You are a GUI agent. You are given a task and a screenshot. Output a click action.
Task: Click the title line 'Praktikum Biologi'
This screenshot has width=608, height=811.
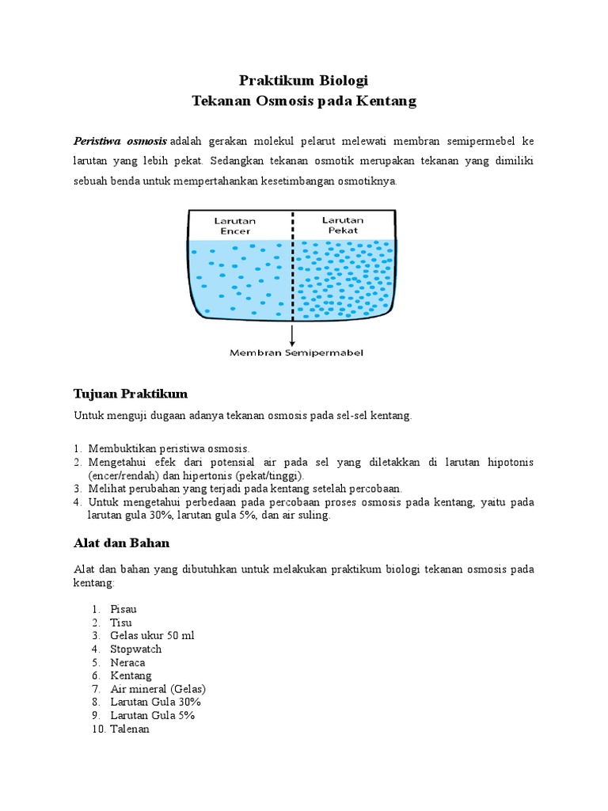point(304,81)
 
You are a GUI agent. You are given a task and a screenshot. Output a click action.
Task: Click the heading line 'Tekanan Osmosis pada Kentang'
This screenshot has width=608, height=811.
point(304,101)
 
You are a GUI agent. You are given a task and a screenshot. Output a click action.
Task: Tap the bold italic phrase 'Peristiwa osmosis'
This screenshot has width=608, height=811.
point(120,141)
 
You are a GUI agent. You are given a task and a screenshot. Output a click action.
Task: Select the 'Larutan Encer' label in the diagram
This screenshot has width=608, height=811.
point(234,225)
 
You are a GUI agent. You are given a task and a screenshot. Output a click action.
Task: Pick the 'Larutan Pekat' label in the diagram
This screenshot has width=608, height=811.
point(342,224)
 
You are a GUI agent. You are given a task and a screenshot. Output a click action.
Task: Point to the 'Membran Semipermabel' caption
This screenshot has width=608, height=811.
point(297,352)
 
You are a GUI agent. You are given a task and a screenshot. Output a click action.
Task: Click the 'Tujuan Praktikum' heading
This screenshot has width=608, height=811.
point(131,394)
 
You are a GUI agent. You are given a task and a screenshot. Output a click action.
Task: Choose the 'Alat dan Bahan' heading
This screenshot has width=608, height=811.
point(121,543)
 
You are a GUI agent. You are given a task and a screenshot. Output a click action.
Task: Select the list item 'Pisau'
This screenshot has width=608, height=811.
point(124,608)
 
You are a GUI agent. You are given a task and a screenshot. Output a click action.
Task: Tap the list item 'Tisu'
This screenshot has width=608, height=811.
point(121,623)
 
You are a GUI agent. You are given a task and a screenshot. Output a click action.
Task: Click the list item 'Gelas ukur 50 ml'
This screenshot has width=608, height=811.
point(152,635)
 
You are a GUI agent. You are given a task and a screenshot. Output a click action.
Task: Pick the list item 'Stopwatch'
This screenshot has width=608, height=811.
point(136,649)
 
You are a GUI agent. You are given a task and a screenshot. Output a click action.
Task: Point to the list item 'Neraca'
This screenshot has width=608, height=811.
point(127,662)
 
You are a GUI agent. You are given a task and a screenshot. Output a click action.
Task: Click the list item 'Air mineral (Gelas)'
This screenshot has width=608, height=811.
point(158,689)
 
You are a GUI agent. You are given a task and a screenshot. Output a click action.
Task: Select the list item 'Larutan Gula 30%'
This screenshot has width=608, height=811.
point(155,702)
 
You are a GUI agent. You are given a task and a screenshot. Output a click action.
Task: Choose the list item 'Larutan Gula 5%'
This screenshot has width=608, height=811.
point(152,715)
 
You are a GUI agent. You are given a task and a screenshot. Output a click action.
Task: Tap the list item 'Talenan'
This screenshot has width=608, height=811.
point(130,729)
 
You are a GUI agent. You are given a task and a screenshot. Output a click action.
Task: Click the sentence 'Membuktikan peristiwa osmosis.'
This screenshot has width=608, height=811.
point(169,447)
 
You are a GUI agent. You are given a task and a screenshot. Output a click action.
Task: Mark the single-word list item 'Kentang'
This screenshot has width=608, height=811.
point(131,676)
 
